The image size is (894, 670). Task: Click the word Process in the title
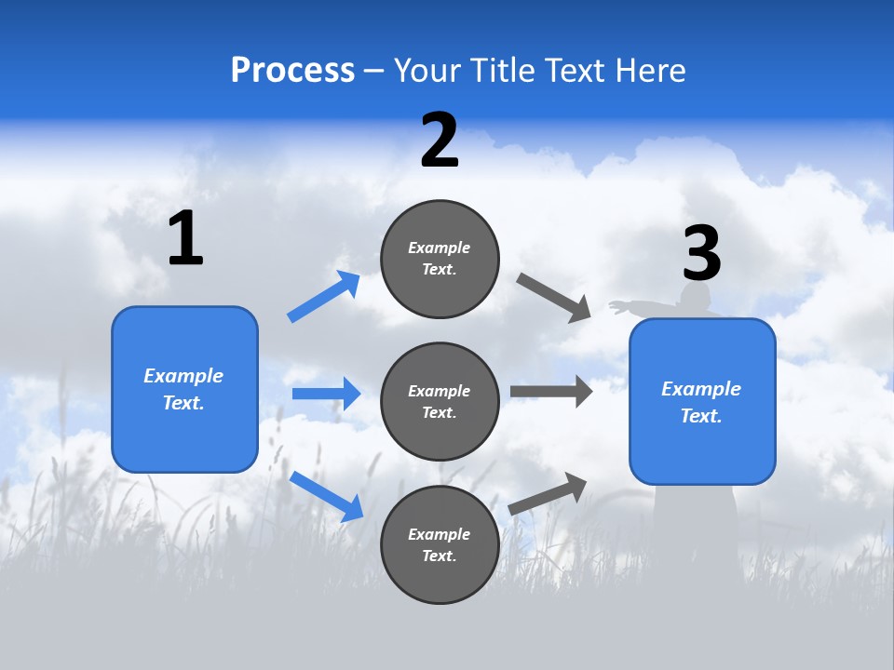coord(292,70)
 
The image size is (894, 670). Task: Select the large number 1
coord(185,239)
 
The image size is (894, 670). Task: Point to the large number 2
coord(440,141)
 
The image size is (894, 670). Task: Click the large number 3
coord(701,253)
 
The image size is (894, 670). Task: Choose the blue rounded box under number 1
coord(184,389)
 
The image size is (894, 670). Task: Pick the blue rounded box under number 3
coord(702,402)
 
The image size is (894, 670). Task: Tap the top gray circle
coord(440,259)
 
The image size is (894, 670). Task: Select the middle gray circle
coord(440,402)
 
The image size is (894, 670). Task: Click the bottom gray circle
coord(440,545)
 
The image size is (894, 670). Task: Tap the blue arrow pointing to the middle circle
coord(326,394)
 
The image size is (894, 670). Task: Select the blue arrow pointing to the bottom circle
coord(327,495)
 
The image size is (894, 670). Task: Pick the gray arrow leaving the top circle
coord(554,298)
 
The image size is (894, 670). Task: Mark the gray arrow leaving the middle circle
coord(551,391)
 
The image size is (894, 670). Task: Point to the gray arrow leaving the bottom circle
coord(549,493)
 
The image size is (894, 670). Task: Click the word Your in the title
coord(426,70)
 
